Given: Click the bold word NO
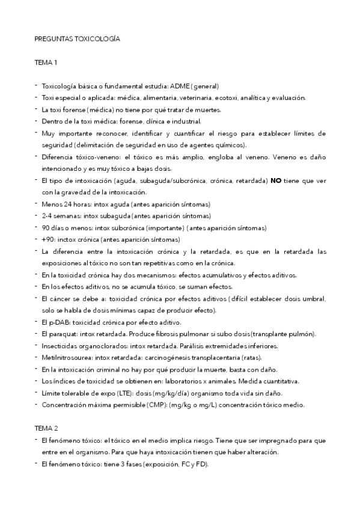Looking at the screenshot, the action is point(276,180).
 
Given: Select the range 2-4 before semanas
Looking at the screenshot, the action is point(47,215).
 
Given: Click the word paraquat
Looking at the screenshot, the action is point(63,334).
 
